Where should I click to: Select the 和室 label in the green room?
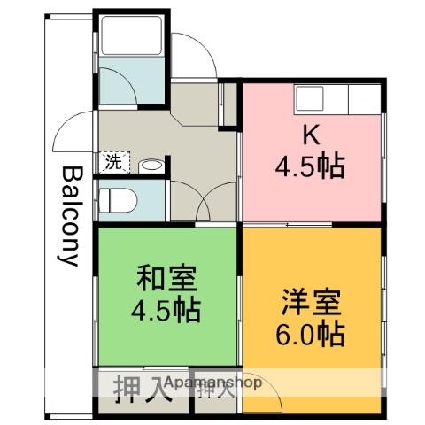point(166,278)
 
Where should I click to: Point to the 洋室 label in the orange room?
point(312,302)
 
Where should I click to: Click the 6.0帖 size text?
point(311,335)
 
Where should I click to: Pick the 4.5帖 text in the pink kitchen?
point(310,166)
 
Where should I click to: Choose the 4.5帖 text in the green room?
point(166,310)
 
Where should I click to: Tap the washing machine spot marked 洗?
point(114,162)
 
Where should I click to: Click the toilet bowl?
point(118,201)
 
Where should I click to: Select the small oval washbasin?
point(151,166)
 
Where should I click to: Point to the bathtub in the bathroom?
point(132,35)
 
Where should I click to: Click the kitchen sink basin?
point(309,98)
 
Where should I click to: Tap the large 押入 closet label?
point(143,389)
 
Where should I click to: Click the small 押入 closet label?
point(216,390)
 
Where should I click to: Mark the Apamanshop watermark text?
point(213,382)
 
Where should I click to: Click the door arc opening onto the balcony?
point(66,124)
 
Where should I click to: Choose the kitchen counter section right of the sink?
point(365,99)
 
